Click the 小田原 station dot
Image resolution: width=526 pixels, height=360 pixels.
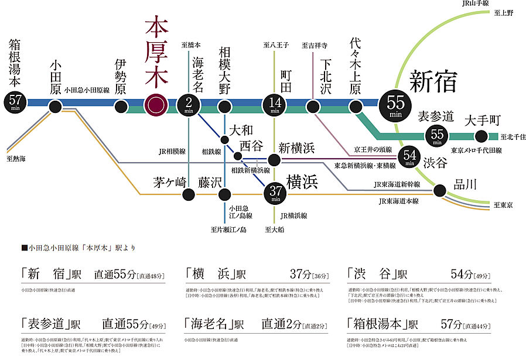point(55,106)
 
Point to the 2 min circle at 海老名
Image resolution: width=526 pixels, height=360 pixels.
point(189,104)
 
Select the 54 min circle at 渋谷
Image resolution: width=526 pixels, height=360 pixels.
point(409,156)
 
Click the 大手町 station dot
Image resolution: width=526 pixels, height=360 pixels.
point(481,136)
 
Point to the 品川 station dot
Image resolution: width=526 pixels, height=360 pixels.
point(439,190)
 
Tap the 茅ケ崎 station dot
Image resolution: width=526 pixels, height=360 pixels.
point(189,194)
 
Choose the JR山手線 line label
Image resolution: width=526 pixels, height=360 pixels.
point(476,4)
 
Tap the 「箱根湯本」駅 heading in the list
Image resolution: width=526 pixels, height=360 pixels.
point(382,323)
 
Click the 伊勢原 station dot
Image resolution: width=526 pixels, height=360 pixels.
point(121,106)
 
